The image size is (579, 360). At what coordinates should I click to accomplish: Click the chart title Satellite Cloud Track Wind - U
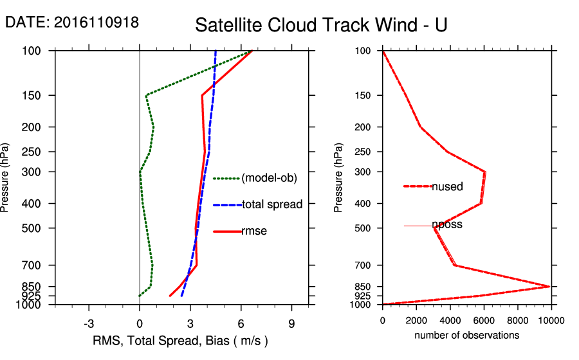point(321,25)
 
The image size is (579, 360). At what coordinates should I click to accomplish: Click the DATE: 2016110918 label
point(71,22)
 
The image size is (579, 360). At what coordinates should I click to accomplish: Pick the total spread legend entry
point(271,204)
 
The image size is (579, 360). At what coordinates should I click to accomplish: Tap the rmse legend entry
point(253,231)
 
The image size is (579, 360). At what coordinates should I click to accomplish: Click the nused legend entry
point(447,186)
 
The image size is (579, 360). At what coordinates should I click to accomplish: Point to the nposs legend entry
point(447,225)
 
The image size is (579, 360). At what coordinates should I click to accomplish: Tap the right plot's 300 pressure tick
point(364,172)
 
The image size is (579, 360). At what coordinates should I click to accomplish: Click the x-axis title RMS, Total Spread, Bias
point(181,340)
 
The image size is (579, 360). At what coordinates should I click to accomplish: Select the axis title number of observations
point(466,336)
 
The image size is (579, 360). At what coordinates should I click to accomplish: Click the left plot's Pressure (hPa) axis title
point(6,177)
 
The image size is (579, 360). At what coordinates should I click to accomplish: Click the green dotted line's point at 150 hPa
point(147,96)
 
